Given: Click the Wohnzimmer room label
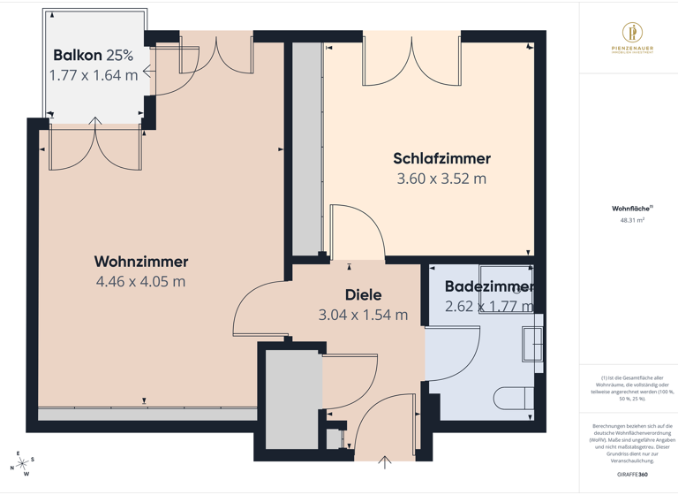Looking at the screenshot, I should [141, 262].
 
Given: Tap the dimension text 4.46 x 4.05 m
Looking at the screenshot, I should [141, 282].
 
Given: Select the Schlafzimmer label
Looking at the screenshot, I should [441, 159].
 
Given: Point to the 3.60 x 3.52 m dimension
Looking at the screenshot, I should [441, 179].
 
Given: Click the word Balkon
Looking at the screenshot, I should [78, 55].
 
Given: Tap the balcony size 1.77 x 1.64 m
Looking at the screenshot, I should [94, 75].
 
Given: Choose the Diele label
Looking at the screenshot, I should [362, 294].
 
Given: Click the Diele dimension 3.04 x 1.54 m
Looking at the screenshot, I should [363, 315].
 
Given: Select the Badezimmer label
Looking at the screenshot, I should [489, 286].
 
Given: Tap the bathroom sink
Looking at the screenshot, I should [532, 344].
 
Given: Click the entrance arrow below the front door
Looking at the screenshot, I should [385, 461].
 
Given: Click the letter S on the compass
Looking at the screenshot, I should [33, 459].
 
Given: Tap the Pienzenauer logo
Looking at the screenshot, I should [628, 41].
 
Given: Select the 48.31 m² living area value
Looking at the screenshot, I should [632, 220].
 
